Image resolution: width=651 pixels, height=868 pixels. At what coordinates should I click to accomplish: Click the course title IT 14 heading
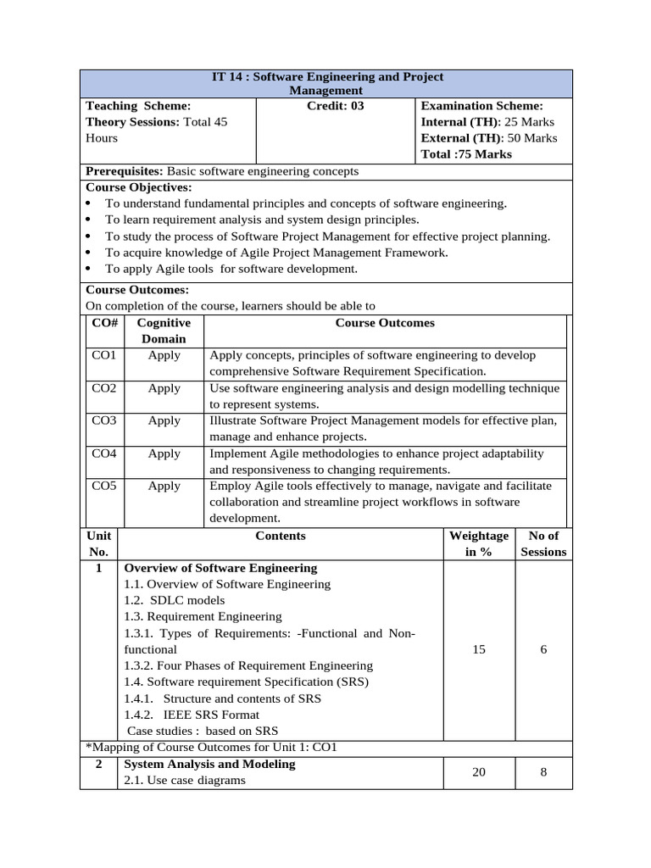(x=326, y=83)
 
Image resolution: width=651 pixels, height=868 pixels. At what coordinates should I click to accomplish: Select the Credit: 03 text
(x=335, y=106)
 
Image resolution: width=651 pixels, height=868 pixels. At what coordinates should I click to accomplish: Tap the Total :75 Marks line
(x=466, y=154)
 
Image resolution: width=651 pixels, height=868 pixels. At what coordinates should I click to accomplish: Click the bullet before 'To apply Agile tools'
(x=89, y=270)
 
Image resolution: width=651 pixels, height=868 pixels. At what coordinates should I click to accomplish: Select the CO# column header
(x=103, y=323)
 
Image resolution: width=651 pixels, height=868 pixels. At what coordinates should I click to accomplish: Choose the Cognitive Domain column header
(x=164, y=331)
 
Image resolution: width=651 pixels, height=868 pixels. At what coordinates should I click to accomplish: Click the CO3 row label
(x=103, y=420)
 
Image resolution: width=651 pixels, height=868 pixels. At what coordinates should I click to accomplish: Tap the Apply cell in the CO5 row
(x=164, y=486)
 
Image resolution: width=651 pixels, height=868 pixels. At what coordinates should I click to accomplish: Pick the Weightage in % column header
(x=479, y=543)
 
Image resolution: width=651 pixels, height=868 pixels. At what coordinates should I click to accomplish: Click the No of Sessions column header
(x=543, y=543)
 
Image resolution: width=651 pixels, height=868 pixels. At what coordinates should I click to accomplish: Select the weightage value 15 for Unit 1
(x=479, y=648)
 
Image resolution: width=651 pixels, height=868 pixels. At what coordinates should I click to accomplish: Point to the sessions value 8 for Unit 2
(x=543, y=772)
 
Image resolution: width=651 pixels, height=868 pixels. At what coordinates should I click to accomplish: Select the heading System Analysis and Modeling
(x=209, y=764)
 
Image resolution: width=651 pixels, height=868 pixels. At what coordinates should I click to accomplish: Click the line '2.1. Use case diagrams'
(x=185, y=780)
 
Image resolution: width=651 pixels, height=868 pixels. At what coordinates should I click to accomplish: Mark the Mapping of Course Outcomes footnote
(x=212, y=748)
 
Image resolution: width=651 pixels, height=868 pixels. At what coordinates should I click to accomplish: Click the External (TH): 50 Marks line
(x=489, y=138)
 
